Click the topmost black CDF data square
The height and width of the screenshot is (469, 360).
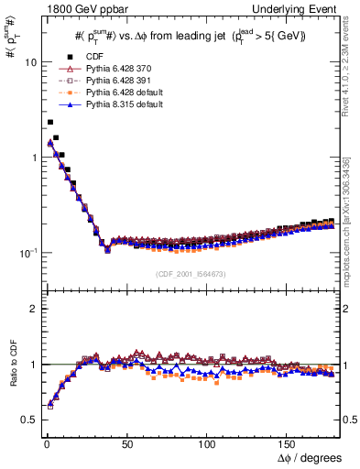pyautogui.click(x=50, y=122)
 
